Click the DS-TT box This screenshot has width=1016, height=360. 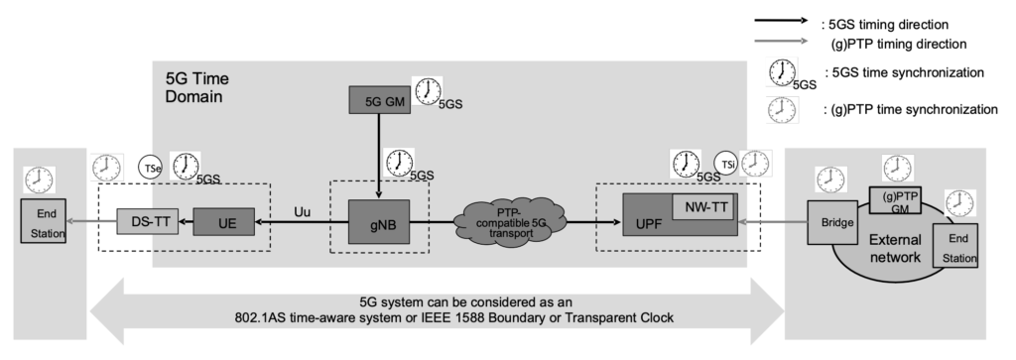(x=146, y=220)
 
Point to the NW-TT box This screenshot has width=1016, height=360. (x=701, y=206)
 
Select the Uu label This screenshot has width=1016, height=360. (x=303, y=210)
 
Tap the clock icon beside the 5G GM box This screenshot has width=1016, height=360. (x=428, y=91)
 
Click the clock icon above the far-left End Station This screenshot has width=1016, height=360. (x=40, y=179)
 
